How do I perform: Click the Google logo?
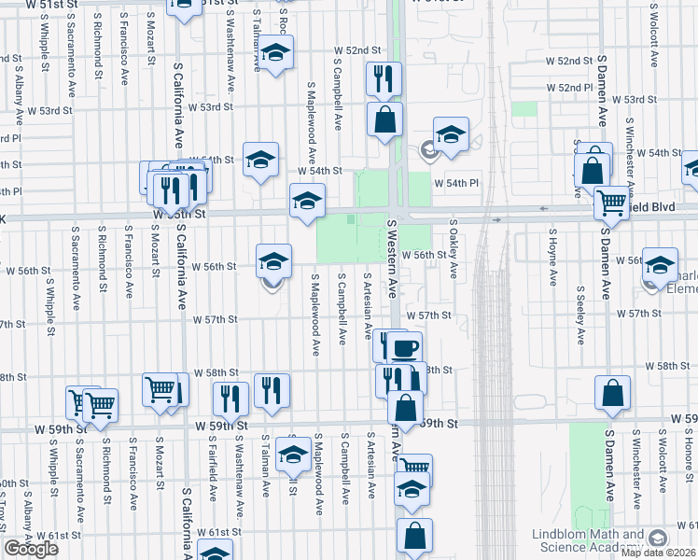(31, 549)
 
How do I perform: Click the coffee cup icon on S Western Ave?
(404, 348)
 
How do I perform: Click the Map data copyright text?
(659, 553)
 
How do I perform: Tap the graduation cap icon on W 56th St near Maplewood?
(272, 260)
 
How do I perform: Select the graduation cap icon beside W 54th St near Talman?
(260, 159)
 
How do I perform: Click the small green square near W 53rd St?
(525, 108)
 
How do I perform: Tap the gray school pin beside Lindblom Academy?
(659, 539)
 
